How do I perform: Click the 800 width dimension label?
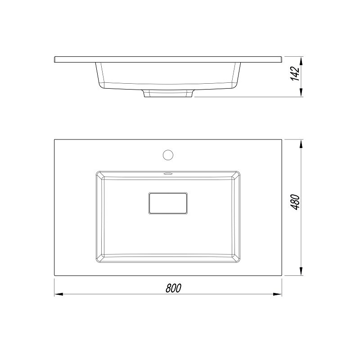(174, 288)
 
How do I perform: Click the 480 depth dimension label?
(296, 202)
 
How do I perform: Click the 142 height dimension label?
(295, 73)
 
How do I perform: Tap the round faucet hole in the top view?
(168, 155)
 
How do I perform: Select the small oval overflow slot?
(168, 174)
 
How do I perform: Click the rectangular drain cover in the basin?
(168, 203)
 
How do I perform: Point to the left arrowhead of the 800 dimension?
(59, 294)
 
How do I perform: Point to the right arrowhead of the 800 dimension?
(277, 294)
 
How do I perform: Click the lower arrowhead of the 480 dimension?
(301, 271)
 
